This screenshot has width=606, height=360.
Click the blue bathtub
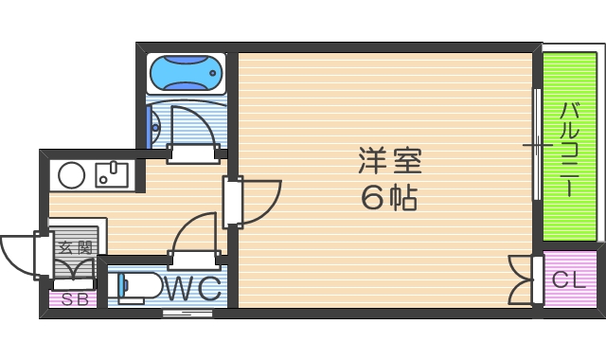(186, 72)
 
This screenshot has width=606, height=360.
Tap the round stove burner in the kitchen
(72, 175)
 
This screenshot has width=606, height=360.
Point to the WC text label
(193, 287)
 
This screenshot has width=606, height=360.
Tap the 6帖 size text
(388, 199)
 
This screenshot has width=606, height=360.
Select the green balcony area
(568, 147)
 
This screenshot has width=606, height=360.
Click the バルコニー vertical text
(569, 147)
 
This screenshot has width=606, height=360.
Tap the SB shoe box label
(73, 301)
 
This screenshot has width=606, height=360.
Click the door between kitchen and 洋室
(254, 200)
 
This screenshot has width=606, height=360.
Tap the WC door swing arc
(196, 233)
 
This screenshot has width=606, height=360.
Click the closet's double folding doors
(520, 279)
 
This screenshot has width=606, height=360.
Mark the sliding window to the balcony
(537, 144)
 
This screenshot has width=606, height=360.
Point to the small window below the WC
(187, 312)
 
